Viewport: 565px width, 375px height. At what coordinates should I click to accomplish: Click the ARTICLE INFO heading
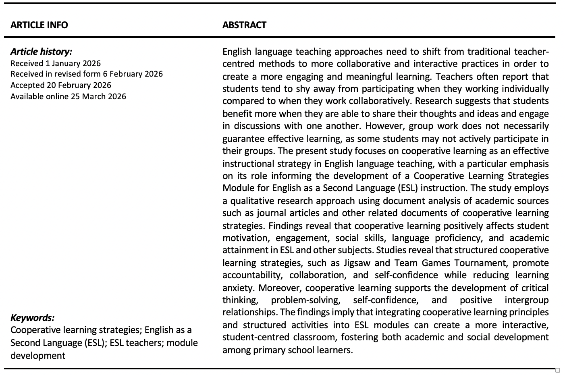click(x=39, y=25)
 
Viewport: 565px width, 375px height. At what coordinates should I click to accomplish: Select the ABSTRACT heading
click(x=244, y=25)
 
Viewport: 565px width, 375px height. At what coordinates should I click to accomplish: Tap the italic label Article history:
click(x=41, y=51)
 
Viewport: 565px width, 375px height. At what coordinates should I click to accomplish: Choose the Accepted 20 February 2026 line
click(x=60, y=85)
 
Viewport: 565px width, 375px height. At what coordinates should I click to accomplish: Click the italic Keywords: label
click(x=32, y=317)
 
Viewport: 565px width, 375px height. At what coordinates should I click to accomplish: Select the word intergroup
click(x=526, y=300)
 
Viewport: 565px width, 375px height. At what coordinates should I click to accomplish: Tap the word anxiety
click(x=238, y=288)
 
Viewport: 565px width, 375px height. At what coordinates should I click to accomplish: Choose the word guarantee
click(x=243, y=139)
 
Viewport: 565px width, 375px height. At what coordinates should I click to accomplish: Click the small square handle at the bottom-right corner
click(x=558, y=370)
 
